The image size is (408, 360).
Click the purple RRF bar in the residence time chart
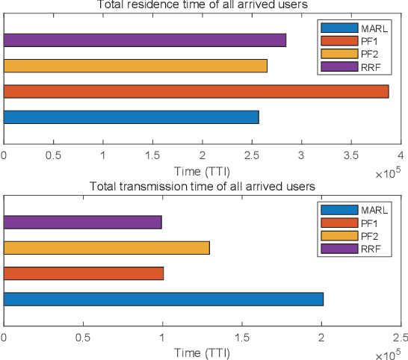tap(145, 40)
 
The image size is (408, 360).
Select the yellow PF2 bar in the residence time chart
tap(135, 66)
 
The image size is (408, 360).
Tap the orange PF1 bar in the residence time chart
tap(196, 91)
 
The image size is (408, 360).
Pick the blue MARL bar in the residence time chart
tap(132, 117)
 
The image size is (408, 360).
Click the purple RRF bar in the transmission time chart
tap(83, 222)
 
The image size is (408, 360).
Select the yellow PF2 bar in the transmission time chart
tap(107, 248)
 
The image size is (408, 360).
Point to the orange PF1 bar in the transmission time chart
tap(84, 273)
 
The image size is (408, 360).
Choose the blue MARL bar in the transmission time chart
tap(164, 299)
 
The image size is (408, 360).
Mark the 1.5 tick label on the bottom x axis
tap(241, 338)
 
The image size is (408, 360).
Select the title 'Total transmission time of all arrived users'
tap(202, 186)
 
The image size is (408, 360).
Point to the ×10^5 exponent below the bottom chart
tap(387, 354)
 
